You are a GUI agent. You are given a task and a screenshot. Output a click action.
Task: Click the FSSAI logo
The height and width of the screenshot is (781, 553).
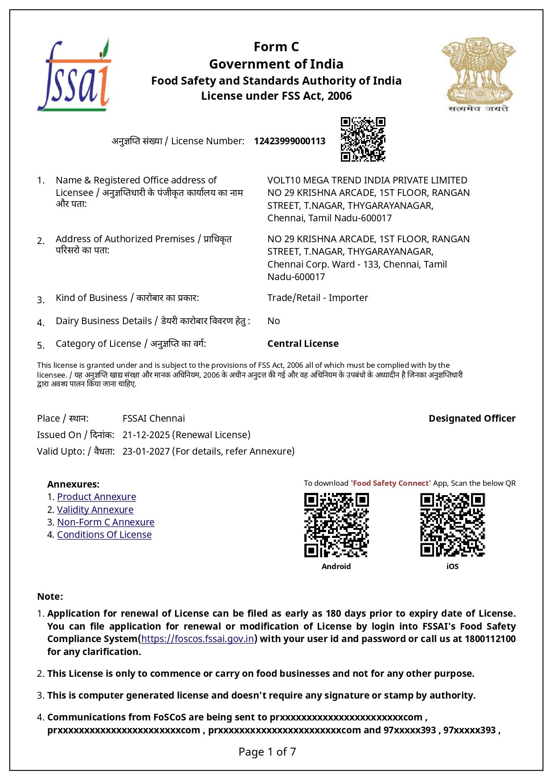74,76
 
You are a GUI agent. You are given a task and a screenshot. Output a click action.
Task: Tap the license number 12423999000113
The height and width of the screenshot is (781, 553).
290,141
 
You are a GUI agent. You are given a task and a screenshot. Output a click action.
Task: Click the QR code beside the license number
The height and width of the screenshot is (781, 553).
363,139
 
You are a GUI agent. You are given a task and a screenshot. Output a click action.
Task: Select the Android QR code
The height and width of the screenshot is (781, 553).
336,525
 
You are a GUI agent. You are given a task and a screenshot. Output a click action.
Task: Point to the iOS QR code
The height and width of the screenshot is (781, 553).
452,525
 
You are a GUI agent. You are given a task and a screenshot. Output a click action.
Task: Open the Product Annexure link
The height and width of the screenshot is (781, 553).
96,497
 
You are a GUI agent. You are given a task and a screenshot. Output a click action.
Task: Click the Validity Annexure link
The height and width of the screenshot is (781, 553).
95,510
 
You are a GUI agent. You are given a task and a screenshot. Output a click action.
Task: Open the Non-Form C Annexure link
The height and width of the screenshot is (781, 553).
106,522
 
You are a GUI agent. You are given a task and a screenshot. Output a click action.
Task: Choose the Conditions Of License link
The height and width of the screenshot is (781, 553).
104,535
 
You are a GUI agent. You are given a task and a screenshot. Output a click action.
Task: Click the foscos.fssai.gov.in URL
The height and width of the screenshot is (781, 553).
197,639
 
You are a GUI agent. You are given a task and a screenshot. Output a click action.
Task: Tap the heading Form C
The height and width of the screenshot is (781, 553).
276,47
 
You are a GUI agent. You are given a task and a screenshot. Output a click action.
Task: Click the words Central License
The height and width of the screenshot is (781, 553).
303,344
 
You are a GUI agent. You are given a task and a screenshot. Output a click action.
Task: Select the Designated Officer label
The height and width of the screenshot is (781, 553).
472,419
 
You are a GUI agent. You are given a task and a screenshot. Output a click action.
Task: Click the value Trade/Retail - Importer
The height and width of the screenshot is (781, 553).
318,298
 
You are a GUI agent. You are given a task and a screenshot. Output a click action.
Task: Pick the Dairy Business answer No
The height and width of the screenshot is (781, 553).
274,321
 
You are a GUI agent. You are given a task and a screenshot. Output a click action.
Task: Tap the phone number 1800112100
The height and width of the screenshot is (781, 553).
490,639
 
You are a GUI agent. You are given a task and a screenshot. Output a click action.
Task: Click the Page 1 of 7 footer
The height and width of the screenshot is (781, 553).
267,752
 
